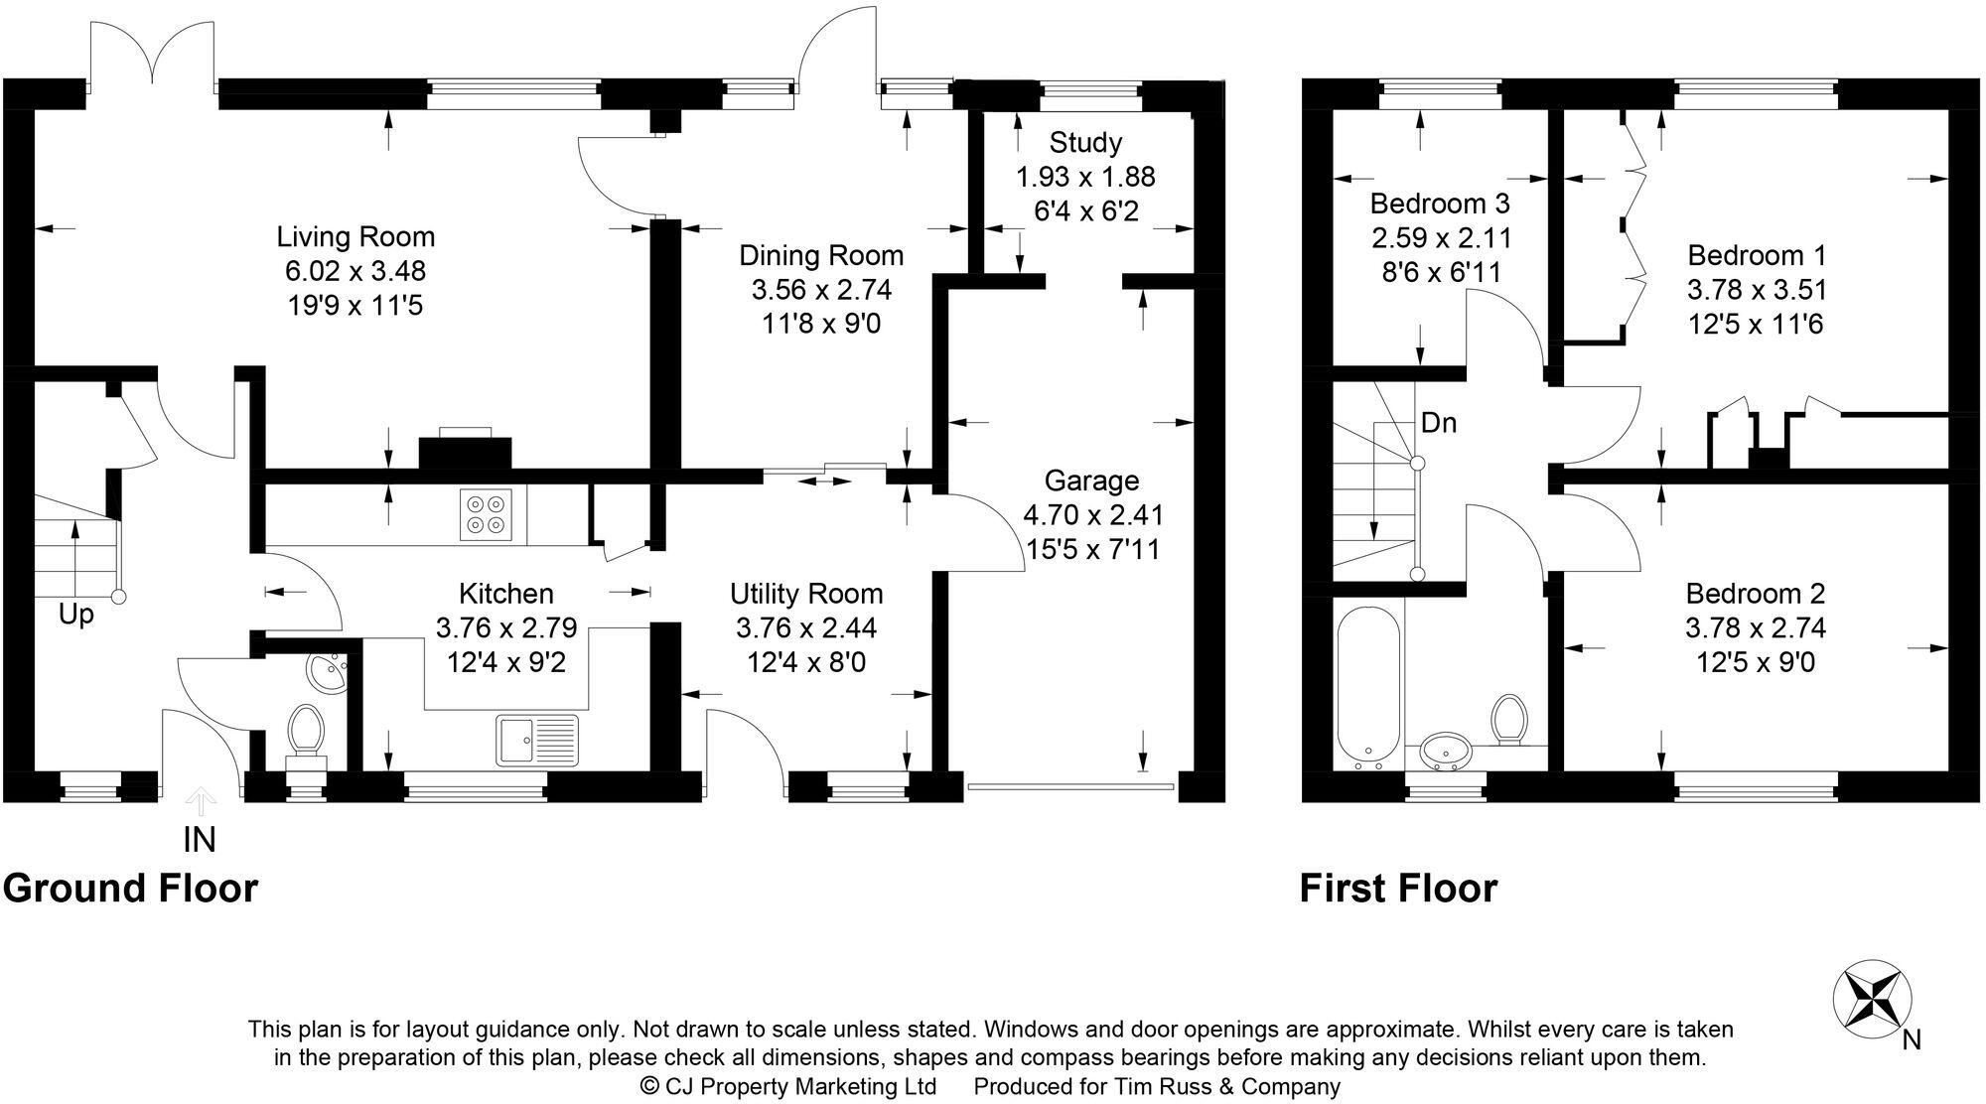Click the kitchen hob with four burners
486,514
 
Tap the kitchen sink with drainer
537,741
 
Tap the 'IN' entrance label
199,840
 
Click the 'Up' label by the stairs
75,615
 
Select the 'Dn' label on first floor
1438,423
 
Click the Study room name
1085,143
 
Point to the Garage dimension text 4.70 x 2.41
1093,514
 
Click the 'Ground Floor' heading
130,888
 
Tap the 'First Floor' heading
1398,888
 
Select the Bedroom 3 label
1439,204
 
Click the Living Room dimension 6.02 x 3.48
355,271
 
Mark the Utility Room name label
806,594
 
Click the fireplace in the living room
466,451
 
